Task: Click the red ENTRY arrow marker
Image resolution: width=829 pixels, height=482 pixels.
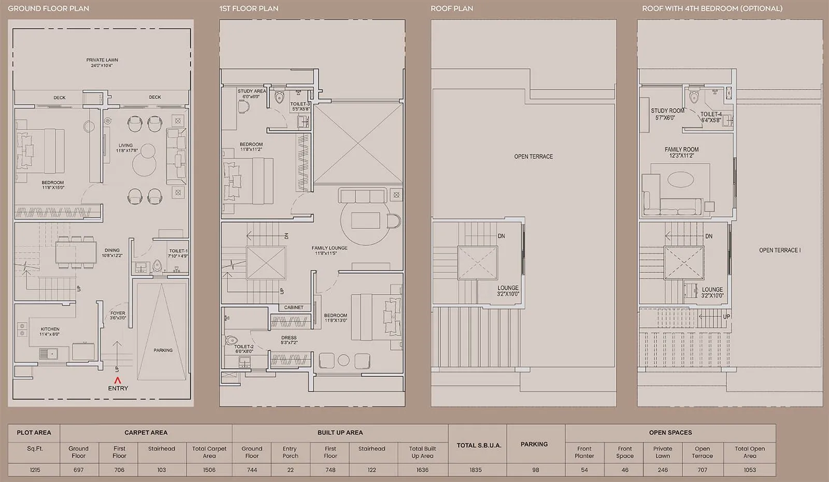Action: click(x=118, y=381)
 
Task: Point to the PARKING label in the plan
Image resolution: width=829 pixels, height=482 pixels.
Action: click(x=163, y=350)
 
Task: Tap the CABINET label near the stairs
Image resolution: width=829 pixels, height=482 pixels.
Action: click(x=294, y=308)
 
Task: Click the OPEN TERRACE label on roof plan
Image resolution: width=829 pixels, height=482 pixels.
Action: click(x=533, y=156)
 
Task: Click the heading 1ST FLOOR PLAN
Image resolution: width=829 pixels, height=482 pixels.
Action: click(x=249, y=8)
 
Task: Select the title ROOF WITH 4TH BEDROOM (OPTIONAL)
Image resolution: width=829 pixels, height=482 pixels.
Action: click(x=712, y=8)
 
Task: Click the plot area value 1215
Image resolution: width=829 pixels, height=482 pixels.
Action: click(x=35, y=470)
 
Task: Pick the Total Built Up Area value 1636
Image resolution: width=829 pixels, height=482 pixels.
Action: click(x=422, y=470)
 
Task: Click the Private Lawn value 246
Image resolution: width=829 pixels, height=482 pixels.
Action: click(x=662, y=470)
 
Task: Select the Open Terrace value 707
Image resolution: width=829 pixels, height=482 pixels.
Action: click(x=702, y=470)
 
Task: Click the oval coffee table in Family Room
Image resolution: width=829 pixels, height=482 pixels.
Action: click(x=680, y=180)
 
